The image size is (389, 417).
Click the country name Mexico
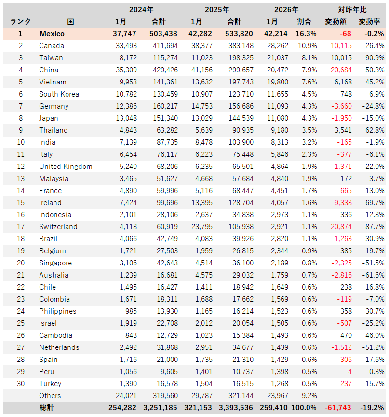pos(52,34)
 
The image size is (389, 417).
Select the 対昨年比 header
pos(352,9)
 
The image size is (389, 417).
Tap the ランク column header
pos(20,22)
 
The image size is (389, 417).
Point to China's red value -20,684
pos(339,70)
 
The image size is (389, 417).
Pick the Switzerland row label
pos(58,227)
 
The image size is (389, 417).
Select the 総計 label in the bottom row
pos(47,408)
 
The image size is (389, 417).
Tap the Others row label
pos(50,396)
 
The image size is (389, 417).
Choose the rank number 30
pos(20,384)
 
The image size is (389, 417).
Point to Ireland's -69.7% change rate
pos(373,203)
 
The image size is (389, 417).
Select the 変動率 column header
pos(372,22)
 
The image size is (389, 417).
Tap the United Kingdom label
pos(66,167)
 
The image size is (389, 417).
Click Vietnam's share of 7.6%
pos(308,82)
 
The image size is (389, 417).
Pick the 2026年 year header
pos(286,9)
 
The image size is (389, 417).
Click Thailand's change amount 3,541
pos(342,130)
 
